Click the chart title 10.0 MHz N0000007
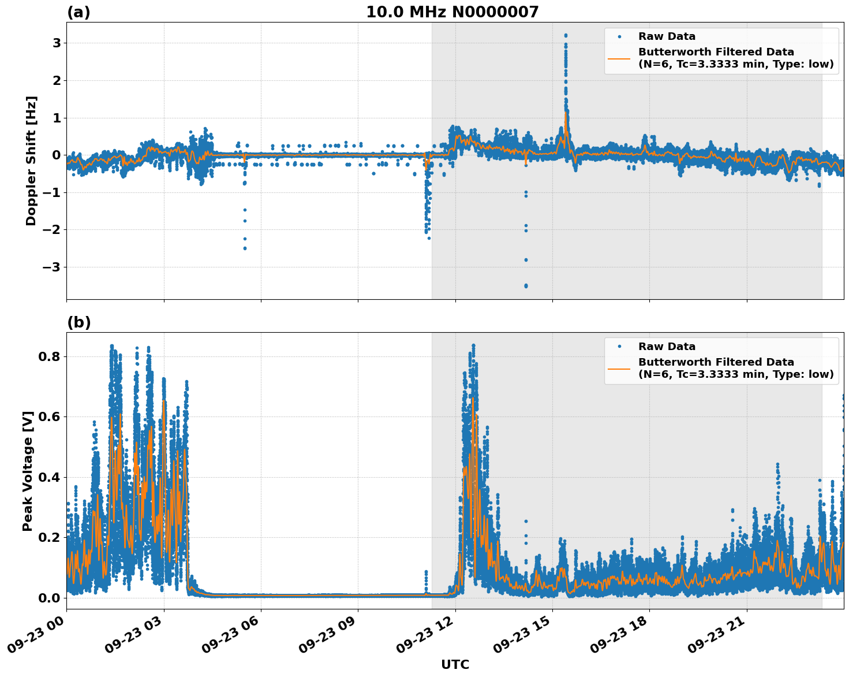[452, 12]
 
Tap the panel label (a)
[78, 12]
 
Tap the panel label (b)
[78, 322]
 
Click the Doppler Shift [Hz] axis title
[31, 161]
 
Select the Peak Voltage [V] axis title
[28, 471]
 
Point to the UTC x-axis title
[455, 664]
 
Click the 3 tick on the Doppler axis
[57, 43]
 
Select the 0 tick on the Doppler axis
[57, 155]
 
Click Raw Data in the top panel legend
[667, 36]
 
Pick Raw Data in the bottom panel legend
[667, 347]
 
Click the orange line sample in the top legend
[619, 58]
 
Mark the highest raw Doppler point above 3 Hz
[566, 35]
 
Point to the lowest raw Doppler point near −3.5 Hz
[526, 286]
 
